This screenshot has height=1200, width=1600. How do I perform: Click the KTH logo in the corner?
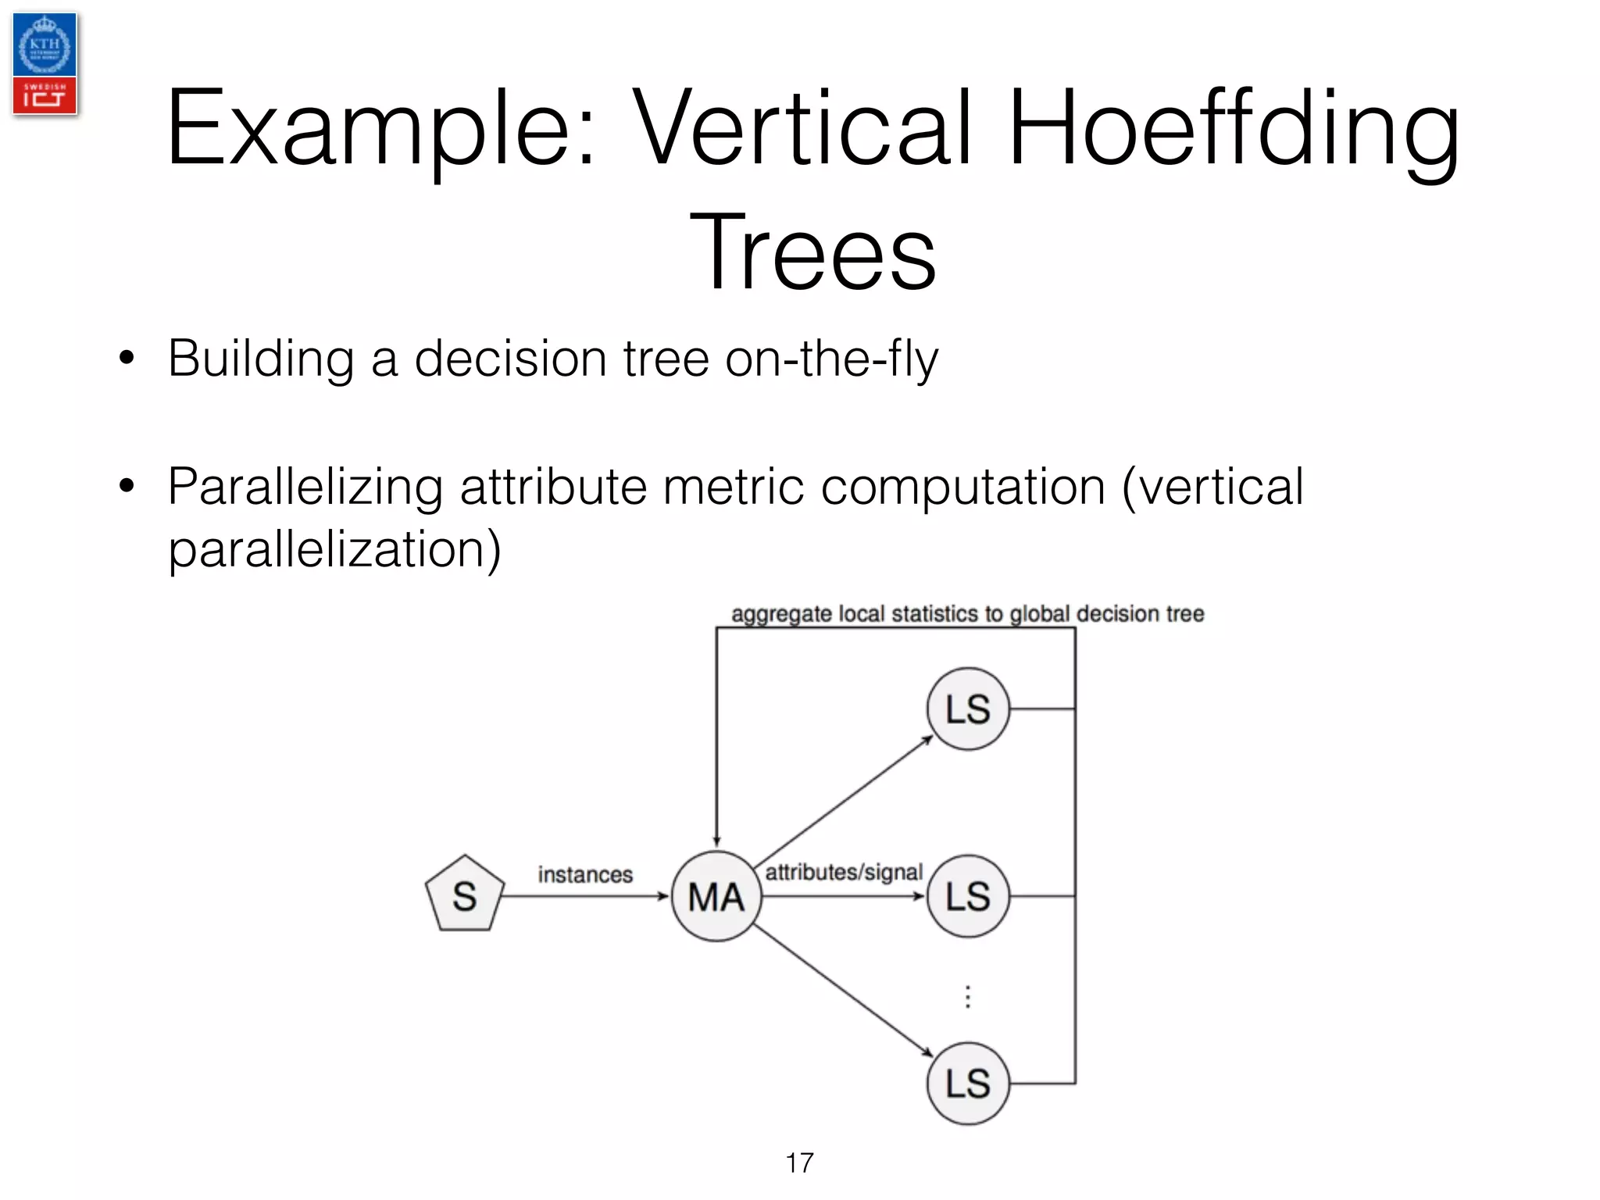[x=45, y=45]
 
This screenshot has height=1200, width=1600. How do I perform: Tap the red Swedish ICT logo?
[x=45, y=95]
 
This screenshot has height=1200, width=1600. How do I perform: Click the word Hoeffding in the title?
[x=1234, y=129]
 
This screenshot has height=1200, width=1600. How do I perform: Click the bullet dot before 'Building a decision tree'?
[x=127, y=359]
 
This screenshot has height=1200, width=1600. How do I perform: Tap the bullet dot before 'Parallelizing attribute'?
[x=127, y=486]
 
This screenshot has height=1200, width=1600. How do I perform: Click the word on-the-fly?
[x=831, y=359]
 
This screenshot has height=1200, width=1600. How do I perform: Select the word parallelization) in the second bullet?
[x=334, y=549]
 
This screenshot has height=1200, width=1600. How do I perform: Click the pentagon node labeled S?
[x=464, y=895]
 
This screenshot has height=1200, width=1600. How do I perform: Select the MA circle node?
[x=716, y=896]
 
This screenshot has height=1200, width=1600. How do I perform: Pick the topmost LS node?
[x=968, y=709]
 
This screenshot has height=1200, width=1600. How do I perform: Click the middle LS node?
[x=968, y=896]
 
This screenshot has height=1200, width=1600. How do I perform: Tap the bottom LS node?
[x=968, y=1084]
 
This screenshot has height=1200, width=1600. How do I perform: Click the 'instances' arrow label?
[x=585, y=874]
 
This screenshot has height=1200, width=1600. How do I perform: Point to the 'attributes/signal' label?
[x=844, y=872]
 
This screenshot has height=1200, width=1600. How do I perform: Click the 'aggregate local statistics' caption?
[x=967, y=614]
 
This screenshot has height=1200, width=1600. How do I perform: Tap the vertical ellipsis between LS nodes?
[x=968, y=997]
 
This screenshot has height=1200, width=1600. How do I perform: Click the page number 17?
[x=799, y=1162]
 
